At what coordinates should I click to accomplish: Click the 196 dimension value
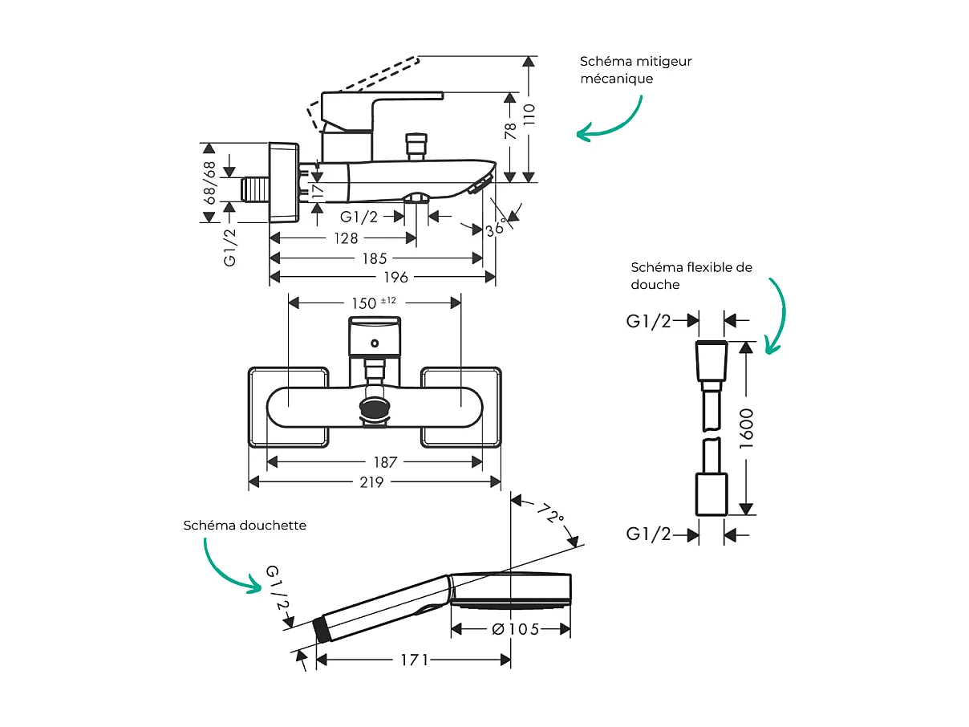(x=395, y=277)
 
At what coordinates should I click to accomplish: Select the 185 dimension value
(x=375, y=258)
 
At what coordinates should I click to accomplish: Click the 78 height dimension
(x=510, y=132)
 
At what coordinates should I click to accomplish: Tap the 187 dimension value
(x=386, y=462)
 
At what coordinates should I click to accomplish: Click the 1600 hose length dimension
(x=747, y=428)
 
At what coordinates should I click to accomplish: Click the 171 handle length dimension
(x=415, y=660)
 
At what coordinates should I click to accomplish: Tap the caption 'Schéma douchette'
(x=245, y=525)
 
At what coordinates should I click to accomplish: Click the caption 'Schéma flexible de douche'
(x=691, y=275)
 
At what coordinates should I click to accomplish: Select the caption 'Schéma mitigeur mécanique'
(x=635, y=70)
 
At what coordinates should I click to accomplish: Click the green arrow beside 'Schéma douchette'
(x=229, y=567)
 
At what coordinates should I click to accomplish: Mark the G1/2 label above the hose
(x=648, y=321)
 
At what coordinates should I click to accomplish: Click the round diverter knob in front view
(x=375, y=408)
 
